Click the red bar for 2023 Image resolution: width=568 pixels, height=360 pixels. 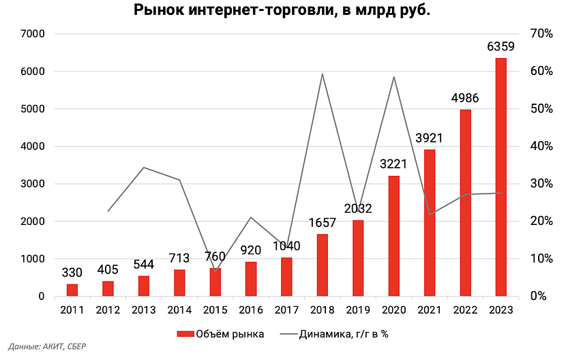[x=500, y=177]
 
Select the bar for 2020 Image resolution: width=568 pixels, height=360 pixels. [x=393, y=236]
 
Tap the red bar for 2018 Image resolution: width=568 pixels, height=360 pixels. [x=322, y=265]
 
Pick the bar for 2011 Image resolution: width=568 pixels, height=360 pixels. [x=72, y=290]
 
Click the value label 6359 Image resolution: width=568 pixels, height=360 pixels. [x=500, y=47]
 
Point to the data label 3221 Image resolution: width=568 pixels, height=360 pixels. [x=393, y=164]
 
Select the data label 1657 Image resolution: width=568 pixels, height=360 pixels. [x=322, y=223]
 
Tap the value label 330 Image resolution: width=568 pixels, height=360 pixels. [x=72, y=273]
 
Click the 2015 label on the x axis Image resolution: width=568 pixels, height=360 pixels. [x=215, y=310]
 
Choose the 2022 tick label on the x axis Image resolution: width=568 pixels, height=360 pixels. [x=465, y=310]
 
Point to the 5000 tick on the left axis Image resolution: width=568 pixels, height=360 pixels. [x=33, y=109]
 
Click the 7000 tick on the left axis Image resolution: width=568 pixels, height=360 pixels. [x=33, y=34]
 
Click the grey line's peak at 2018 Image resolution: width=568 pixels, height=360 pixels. [x=322, y=74]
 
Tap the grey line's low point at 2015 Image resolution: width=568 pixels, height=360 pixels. [x=215, y=271]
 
